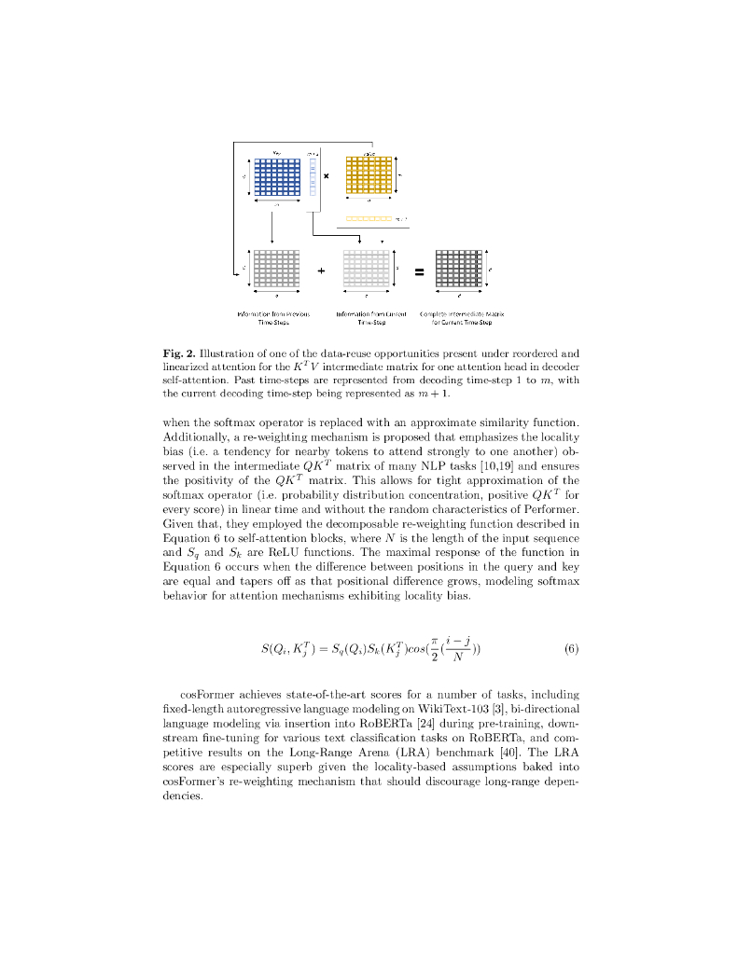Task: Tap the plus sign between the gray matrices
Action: (x=321, y=271)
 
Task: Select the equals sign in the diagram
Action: (x=419, y=272)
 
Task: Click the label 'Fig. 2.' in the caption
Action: (x=178, y=353)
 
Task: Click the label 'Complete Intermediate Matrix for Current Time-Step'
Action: (x=462, y=317)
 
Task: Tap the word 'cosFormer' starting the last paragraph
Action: (x=207, y=694)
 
